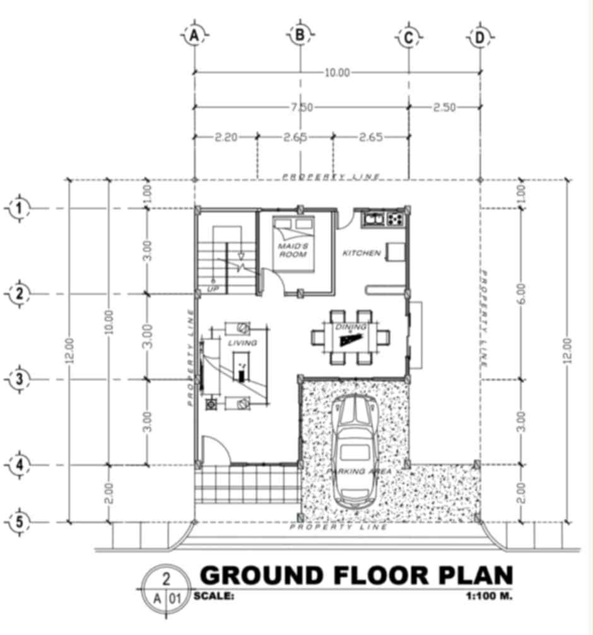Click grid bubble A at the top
[194, 37]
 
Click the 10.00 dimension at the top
[336, 72]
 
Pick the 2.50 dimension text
[443, 107]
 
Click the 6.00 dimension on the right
[521, 293]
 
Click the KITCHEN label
[361, 253]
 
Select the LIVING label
[242, 343]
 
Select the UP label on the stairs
[213, 289]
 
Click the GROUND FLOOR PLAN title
[356, 575]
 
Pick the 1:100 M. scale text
[486, 595]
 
